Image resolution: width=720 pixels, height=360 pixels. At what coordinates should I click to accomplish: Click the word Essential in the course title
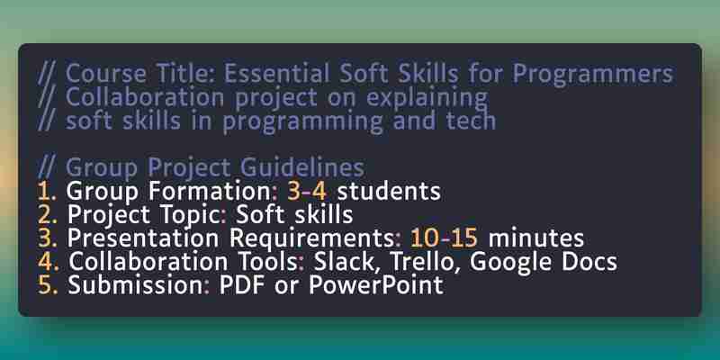277,73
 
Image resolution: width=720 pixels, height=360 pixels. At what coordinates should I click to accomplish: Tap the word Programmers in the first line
592,75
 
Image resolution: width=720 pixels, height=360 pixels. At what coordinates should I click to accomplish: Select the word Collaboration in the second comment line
145,97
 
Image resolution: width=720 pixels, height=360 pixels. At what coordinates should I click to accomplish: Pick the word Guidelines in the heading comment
302,167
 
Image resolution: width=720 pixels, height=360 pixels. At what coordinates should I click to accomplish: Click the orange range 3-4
307,191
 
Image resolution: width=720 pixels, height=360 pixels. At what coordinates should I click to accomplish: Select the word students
389,191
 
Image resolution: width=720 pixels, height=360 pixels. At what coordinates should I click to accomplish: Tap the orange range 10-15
444,238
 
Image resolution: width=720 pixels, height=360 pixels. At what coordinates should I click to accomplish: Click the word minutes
535,238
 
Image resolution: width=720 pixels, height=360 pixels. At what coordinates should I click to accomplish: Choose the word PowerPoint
376,285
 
